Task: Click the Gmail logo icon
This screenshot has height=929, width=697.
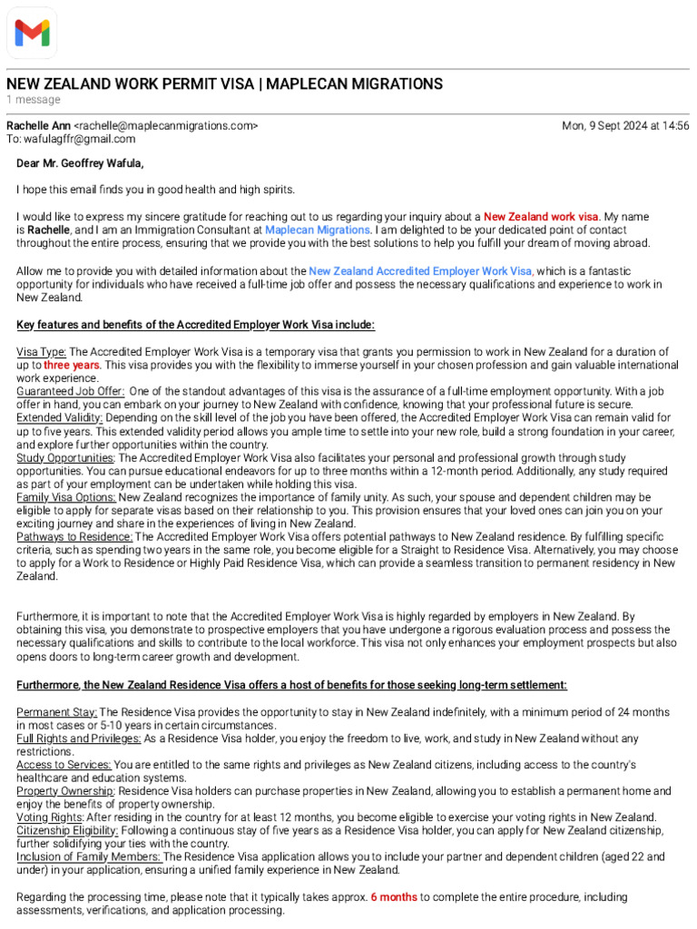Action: [32, 33]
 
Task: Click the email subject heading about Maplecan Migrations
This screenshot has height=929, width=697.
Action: [225, 84]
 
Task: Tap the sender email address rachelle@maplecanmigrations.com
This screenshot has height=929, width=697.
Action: [165, 126]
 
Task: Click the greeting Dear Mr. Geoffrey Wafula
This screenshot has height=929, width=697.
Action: [80, 163]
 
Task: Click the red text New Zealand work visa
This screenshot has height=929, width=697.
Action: [541, 217]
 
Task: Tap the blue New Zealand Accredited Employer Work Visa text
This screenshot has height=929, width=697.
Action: [420, 271]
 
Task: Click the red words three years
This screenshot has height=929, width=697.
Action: [71, 365]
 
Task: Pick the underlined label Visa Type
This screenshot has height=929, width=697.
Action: [42, 352]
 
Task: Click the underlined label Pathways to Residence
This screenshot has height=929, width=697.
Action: [74, 537]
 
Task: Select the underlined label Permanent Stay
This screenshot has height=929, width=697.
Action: [56, 713]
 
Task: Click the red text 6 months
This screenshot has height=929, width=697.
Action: [393, 897]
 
